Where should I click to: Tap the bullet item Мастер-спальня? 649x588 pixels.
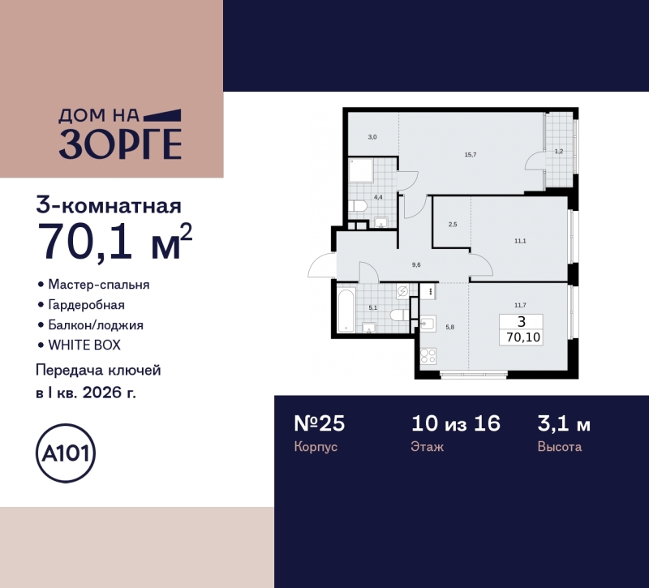pos(98,285)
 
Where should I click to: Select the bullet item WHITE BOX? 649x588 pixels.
pos(84,345)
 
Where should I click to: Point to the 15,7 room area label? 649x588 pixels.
pos(470,155)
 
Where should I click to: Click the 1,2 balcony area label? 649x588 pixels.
pos(559,151)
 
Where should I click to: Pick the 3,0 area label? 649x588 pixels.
pos(372,137)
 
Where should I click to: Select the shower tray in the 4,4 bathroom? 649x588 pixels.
pos(361,171)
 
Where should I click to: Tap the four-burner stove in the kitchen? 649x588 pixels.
pos(428,357)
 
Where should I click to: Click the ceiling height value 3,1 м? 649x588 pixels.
pos(564,423)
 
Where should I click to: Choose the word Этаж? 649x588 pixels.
pos(428,447)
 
